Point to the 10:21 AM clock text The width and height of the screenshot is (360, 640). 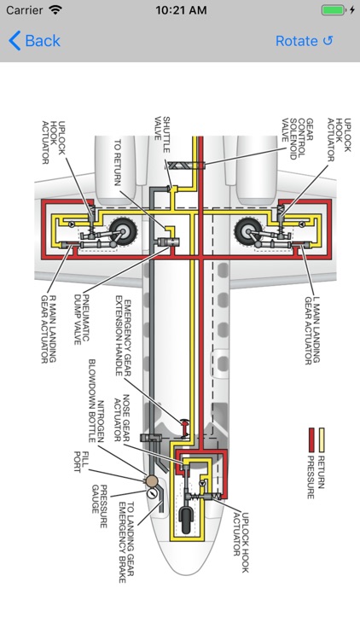(x=180, y=10)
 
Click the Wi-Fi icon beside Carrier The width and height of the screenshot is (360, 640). (x=55, y=10)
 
